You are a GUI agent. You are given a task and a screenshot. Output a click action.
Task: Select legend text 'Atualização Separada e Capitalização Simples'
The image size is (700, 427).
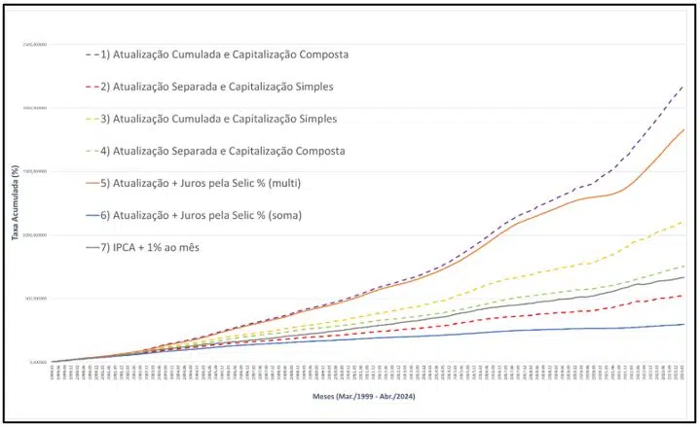click(x=223, y=87)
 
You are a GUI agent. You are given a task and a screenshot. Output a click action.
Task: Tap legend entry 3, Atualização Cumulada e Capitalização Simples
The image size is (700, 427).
click(x=223, y=119)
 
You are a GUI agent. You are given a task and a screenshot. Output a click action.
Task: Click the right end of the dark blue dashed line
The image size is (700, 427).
click(x=683, y=86)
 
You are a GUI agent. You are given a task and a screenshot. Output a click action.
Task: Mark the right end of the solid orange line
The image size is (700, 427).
click(x=683, y=129)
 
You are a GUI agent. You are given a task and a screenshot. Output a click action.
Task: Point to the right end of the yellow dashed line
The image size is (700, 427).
click(x=683, y=222)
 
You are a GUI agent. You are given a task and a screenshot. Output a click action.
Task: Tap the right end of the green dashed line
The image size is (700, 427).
click(x=683, y=266)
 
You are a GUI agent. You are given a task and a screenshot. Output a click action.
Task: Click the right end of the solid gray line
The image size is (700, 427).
click(x=683, y=277)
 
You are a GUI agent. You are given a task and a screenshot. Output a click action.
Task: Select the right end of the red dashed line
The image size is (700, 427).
click(x=683, y=296)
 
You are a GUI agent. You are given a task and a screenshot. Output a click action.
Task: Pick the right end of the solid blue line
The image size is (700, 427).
click(x=683, y=324)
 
